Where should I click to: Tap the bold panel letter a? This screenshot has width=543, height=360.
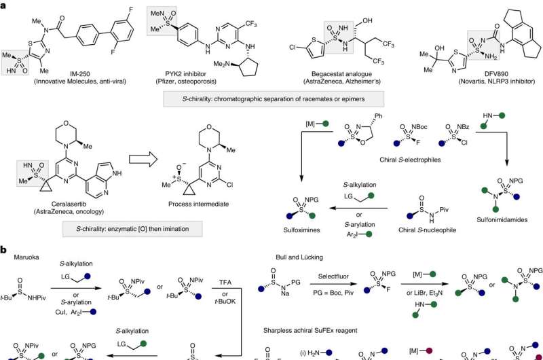[x=5, y=5]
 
